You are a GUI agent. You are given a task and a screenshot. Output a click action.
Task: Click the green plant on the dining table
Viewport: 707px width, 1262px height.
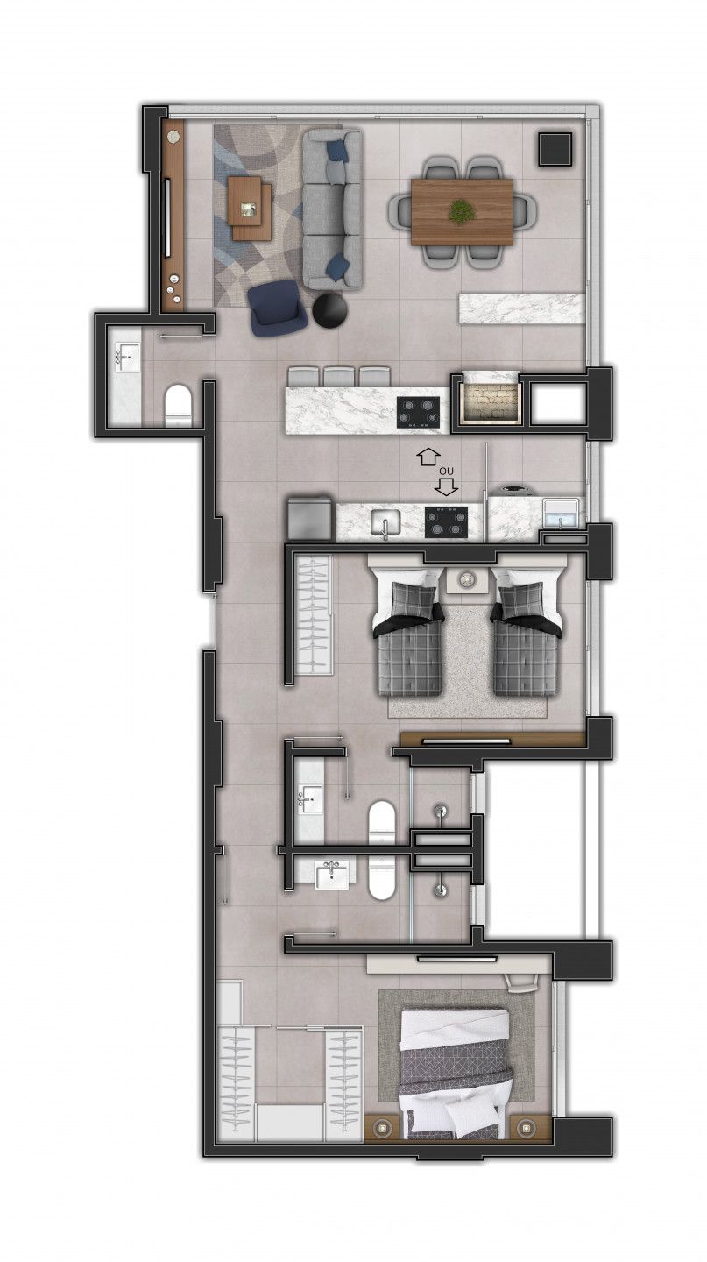(461, 211)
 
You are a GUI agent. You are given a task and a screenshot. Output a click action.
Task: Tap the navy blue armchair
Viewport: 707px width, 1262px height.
(278, 309)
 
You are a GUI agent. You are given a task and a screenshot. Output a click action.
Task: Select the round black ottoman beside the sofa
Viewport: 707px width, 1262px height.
(331, 309)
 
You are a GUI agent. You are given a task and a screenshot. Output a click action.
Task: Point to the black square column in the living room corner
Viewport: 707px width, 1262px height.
(555, 148)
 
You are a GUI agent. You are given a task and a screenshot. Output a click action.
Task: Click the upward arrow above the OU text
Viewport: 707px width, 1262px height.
(428, 456)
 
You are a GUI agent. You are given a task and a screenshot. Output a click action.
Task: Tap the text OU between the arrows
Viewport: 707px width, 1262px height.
(447, 471)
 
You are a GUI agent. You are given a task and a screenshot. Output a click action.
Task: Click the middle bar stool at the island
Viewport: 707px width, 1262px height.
(338, 376)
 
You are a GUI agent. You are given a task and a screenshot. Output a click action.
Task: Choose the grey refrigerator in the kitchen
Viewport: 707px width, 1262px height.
(310, 519)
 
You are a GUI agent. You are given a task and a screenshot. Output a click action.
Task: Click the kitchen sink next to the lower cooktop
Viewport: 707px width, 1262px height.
(384, 523)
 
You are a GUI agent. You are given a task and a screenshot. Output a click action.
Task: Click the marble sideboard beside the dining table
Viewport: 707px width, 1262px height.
(520, 308)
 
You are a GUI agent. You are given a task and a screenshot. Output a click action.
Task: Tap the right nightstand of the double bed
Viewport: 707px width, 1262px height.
(527, 1126)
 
